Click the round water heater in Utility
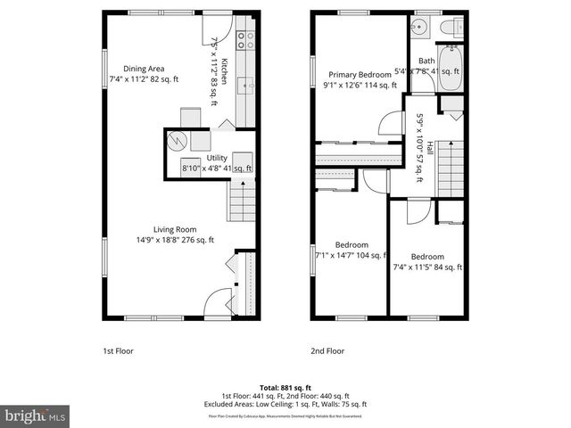tap(178, 143)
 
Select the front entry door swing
tap(215, 301)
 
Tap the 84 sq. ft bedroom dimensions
tap(429, 267)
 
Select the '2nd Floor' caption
tap(327, 351)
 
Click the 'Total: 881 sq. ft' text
tap(285, 388)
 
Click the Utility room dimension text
tap(217, 168)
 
